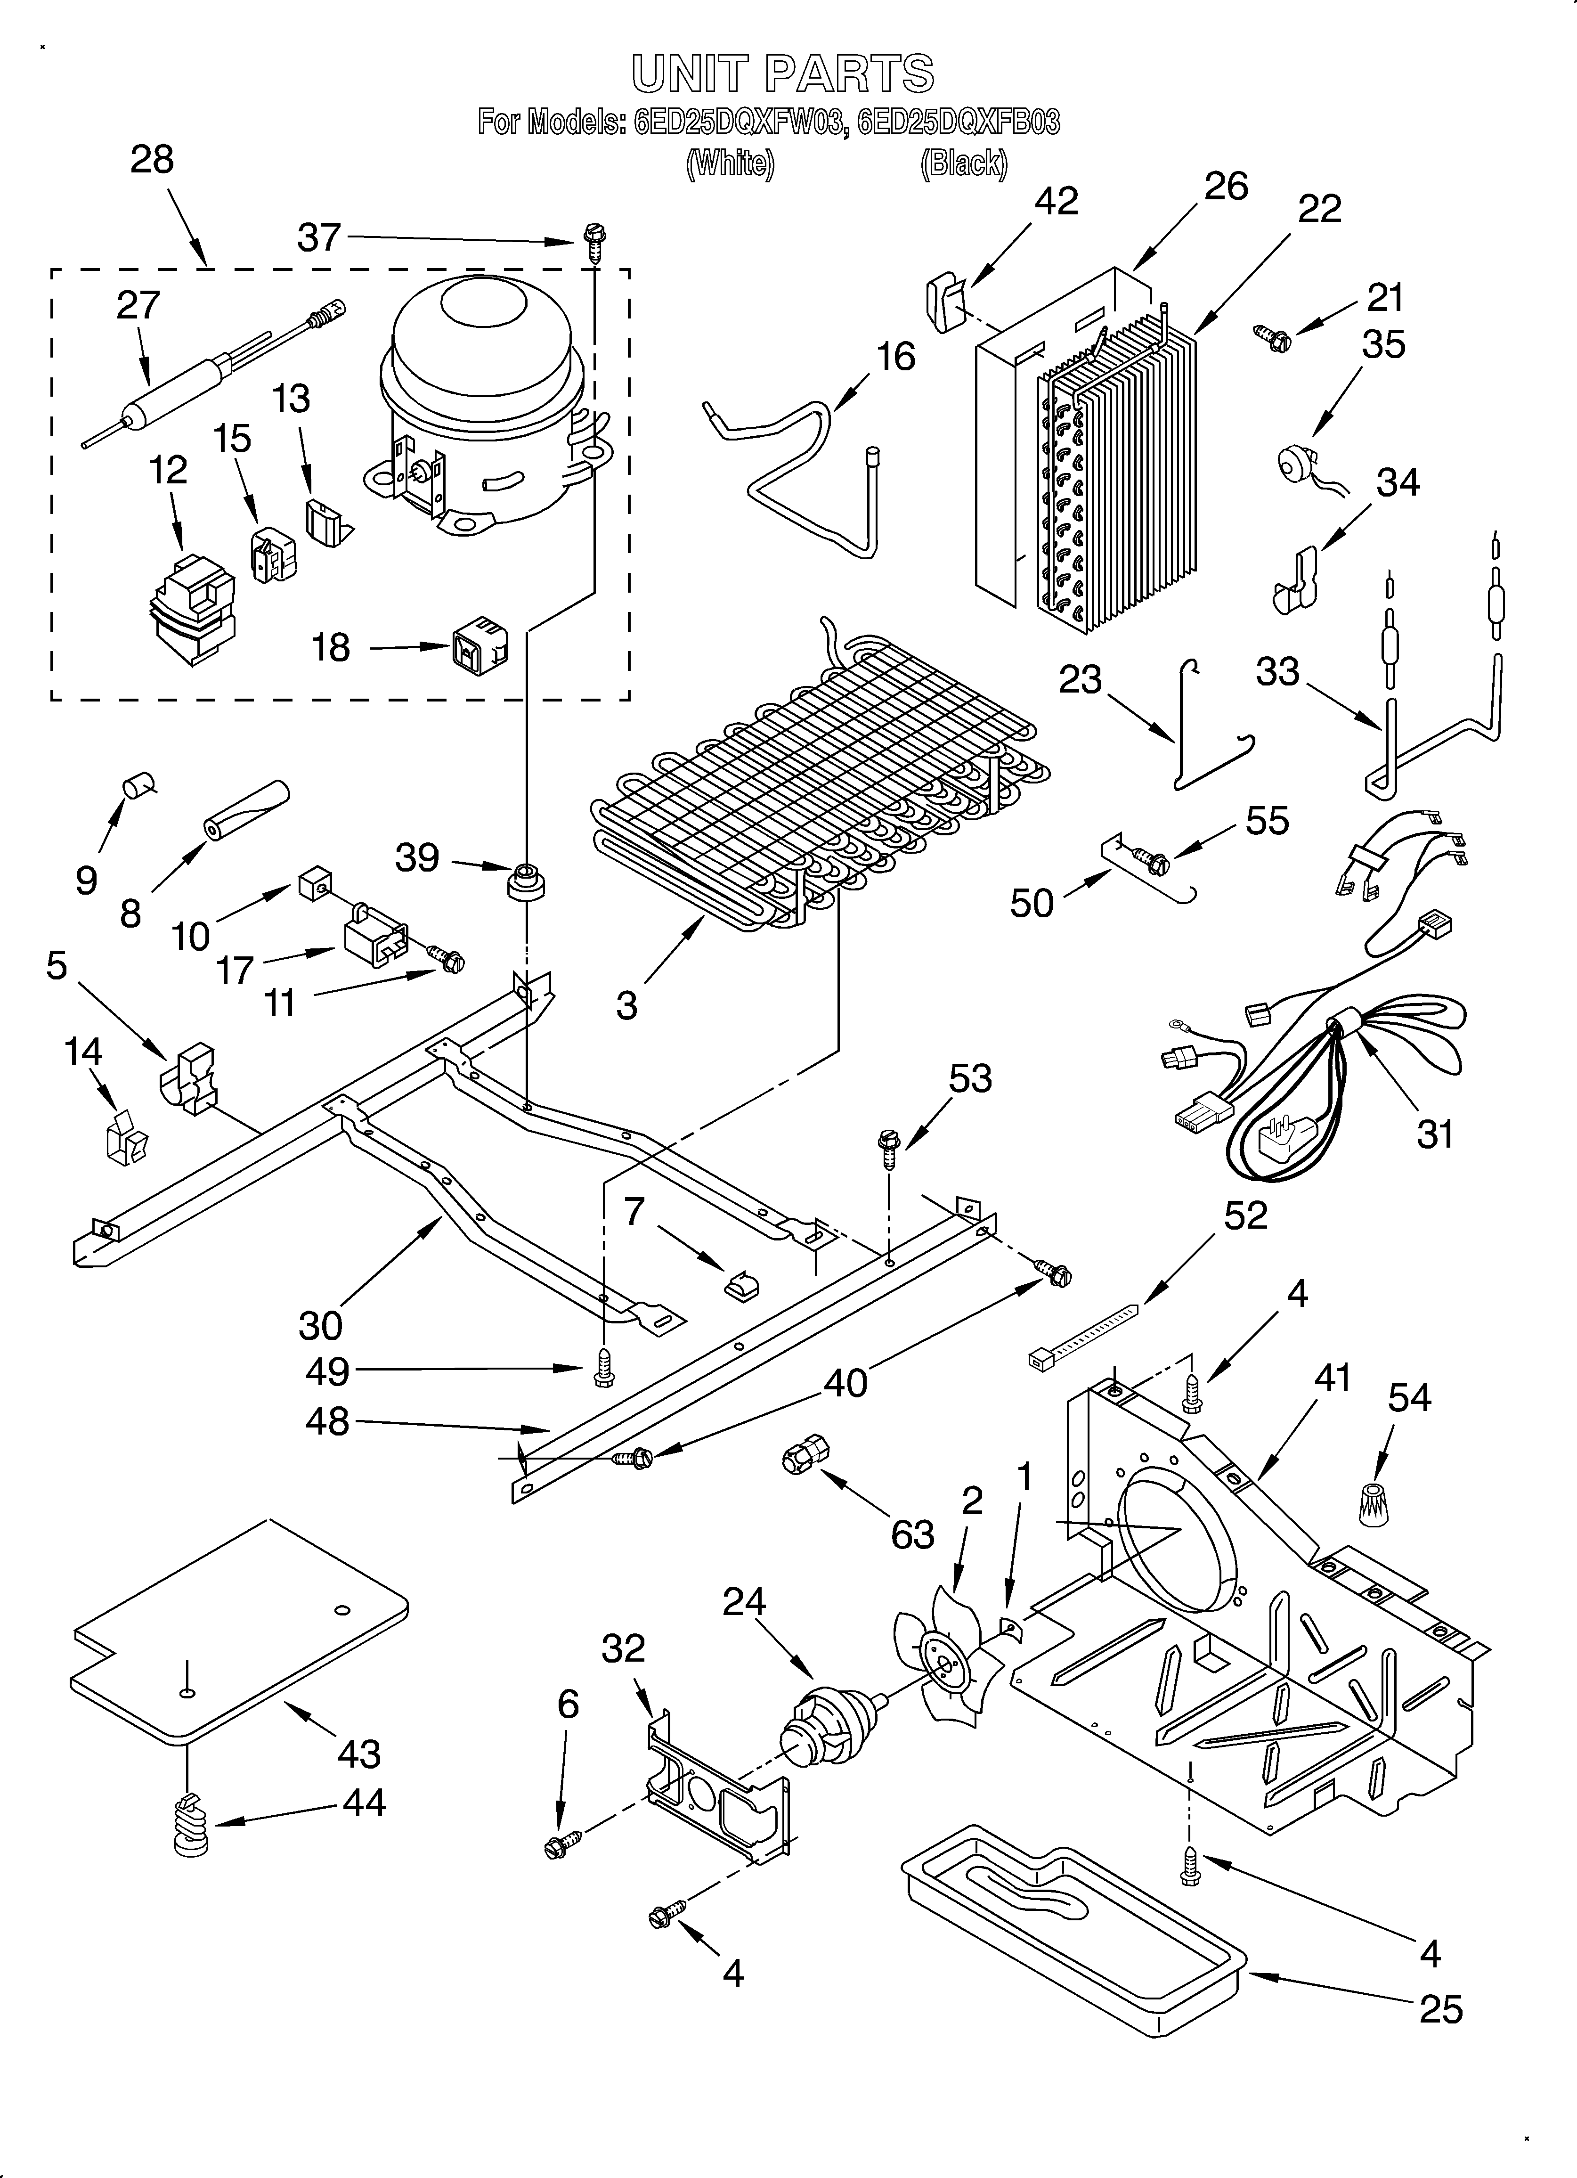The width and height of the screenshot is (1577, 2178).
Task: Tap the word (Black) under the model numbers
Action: pyautogui.click(x=963, y=164)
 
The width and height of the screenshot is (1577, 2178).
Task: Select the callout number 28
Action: pyautogui.click(x=152, y=159)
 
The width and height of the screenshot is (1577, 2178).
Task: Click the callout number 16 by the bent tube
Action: pyautogui.click(x=895, y=357)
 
